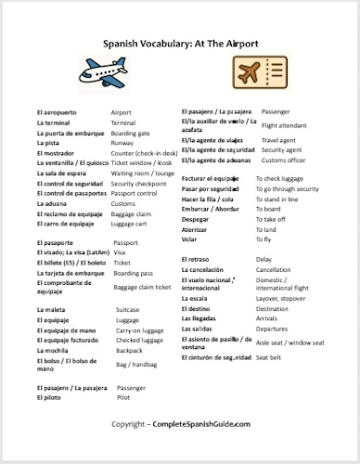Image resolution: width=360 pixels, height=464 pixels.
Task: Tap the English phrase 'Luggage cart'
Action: [132, 224]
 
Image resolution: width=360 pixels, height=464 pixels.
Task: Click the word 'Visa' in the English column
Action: [120, 252]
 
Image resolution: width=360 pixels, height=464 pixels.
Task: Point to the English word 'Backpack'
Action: [128, 352]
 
